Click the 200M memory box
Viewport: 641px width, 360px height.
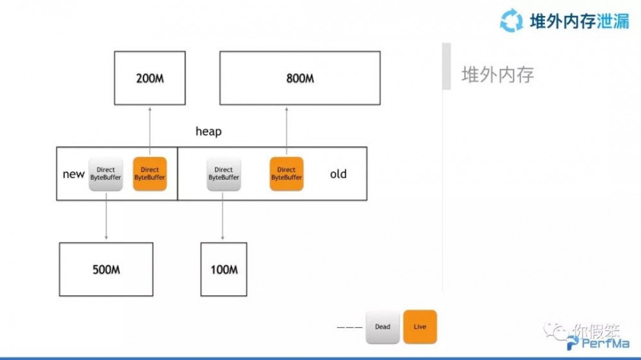tap(149, 78)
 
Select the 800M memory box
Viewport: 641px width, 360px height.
tap(299, 78)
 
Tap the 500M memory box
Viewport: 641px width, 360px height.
tap(106, 269)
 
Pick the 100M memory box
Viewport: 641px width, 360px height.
tap(224, 269)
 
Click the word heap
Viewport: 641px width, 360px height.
tap(208, 131)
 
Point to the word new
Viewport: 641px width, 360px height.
tap(74, 174)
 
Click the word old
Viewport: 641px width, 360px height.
tap(338, 174)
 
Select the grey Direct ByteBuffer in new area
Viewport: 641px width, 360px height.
tap(106, 174)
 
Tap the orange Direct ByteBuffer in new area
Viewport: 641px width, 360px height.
tap(149, 174)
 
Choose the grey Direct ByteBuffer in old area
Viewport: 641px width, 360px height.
tap(224, 174)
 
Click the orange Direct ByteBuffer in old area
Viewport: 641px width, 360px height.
tap(286, 174)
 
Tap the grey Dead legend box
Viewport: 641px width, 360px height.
tap(383, 327)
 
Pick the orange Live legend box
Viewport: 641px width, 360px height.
tap(420, 327)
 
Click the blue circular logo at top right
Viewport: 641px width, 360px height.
tap(512, 20)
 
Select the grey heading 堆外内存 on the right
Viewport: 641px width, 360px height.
tap(497, 75)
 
